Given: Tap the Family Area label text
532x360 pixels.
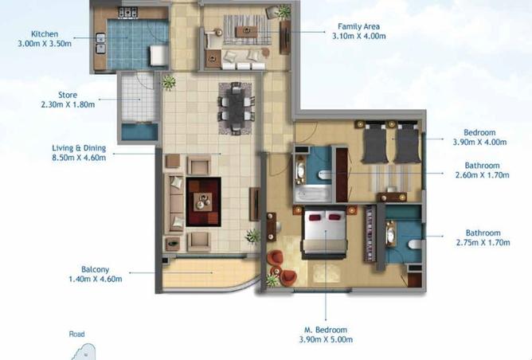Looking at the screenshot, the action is [x=358, y=26].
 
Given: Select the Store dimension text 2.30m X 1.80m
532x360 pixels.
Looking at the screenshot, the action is [x=68, y=104].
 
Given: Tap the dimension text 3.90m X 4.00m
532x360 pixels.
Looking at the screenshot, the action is [x=479, y=142].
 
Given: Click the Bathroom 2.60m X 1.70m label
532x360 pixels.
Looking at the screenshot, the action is [x=482, y=170].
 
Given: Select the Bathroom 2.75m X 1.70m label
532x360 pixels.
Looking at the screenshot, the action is [x=483, y=237].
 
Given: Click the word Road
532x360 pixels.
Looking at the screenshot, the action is [x=76, y=335].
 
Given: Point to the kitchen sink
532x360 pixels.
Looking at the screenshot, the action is [x=101, y=44].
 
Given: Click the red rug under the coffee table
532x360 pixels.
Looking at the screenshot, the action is [x=204, y=202].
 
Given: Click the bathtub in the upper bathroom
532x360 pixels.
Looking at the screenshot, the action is [x=313, y=194].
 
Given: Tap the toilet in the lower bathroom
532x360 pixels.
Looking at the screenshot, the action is [x=415, y=245].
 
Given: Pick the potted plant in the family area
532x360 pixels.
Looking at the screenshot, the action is [x=283, y=12].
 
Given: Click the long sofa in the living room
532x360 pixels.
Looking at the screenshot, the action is [x=174, y=204].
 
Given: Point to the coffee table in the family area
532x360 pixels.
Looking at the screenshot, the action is [x=247, y=32].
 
